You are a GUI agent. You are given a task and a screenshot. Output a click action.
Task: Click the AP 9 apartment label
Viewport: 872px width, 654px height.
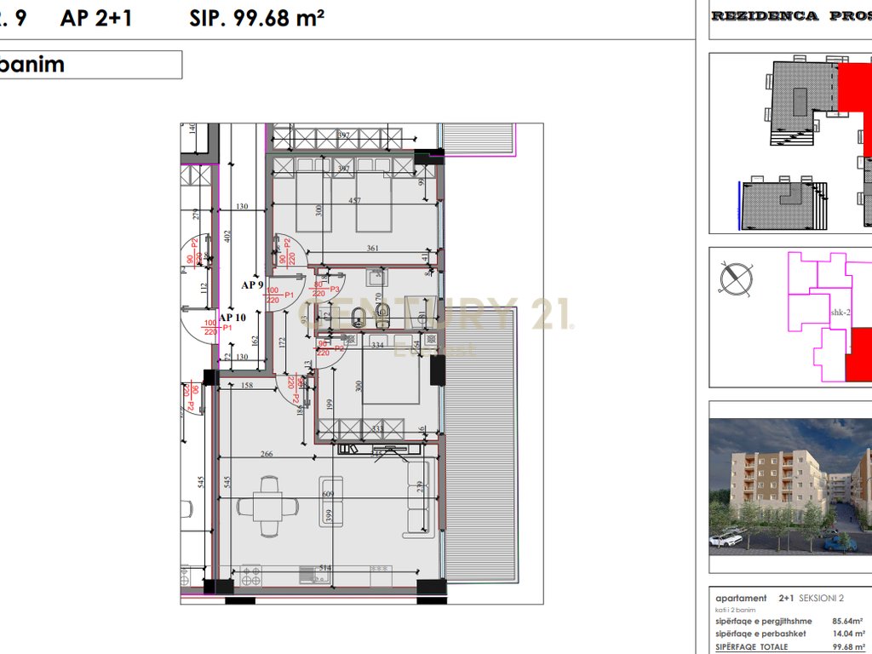click(x=251, y=285)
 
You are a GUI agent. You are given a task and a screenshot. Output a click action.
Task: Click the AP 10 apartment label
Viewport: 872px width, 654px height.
click(x=232, y=318)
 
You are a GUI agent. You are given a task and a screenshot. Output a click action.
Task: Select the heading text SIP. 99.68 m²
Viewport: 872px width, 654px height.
click(x=256, y=18)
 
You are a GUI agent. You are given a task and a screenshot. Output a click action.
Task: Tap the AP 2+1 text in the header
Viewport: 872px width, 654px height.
click(x=95, y=18)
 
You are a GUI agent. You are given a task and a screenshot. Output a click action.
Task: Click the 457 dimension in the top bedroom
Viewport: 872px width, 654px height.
click(x=355, y=202)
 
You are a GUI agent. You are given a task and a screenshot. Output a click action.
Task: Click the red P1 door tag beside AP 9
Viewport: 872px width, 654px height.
click(x=290, y=295)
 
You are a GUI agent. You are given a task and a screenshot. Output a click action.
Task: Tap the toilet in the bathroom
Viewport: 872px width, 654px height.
click(x=381, y=314)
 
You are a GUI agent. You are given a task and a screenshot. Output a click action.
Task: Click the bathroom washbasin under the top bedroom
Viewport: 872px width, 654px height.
click(x=376, y=276)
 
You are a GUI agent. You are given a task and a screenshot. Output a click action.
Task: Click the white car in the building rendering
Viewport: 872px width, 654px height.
click(x=726, y=538)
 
